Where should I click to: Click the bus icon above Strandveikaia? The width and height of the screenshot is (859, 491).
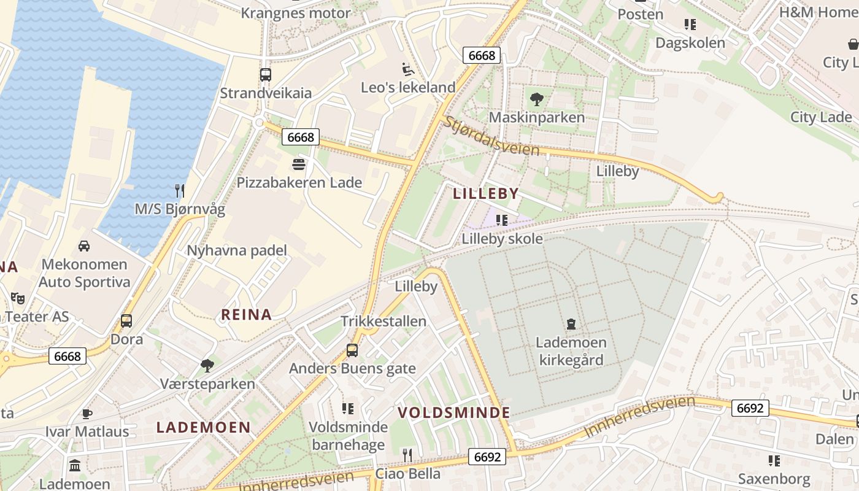(x=265, y=75)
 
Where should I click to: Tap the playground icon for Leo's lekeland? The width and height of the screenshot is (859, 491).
(x=407, y=69)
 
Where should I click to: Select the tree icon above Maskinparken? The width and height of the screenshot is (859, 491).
(x=536, y=98)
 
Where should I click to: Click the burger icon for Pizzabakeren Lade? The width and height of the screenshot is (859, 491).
(x=299, y=164)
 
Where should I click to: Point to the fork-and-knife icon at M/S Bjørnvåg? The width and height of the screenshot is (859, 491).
(x=179, y=190)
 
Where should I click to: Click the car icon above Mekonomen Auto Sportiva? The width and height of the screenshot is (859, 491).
(x=84, y=246)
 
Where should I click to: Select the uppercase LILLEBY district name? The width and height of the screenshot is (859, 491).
(x=486, y=194)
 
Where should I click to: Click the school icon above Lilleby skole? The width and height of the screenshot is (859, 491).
(x=502, y=220)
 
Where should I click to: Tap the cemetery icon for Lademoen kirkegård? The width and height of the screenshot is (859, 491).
(x=571, y=323)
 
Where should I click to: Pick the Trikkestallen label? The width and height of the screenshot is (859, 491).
(x=383, y=322)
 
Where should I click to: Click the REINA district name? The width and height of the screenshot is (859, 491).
(x=246, y=315)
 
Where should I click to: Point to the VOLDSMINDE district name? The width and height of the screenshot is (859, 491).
(x=454, y=412)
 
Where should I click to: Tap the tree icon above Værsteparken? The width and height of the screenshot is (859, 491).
(x=207, y=366)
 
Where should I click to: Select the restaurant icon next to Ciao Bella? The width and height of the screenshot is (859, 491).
(x=407, y=455)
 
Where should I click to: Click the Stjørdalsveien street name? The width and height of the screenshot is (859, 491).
(x=491, y=136)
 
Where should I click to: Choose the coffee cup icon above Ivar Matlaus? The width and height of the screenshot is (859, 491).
(x=87, y=413)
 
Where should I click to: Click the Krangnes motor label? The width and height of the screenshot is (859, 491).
(x=295, y=13)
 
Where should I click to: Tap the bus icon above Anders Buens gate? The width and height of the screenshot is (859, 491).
(x=352, y=350)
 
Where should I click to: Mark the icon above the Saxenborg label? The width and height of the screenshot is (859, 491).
(x=774, y=460)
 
